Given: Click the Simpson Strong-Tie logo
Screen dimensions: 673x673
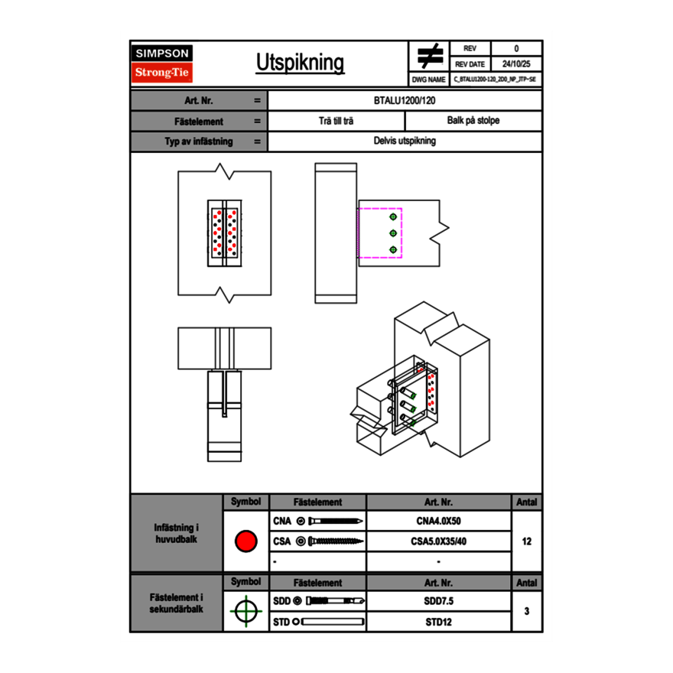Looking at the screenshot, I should pos(162,63).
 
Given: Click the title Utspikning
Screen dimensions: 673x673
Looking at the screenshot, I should pos(300,63).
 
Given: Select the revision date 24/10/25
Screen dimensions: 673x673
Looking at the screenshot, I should pos(516,64).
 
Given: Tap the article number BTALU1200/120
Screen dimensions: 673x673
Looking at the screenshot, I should pos(405,100).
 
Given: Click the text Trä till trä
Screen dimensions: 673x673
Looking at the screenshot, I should pos(336,121).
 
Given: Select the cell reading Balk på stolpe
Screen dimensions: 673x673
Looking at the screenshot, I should pos(473,121).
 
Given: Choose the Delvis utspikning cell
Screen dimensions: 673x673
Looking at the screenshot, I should pos(405,141).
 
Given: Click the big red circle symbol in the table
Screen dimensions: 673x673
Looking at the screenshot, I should pos(245,541).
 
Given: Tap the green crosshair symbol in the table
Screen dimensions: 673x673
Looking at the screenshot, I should pos(245,611).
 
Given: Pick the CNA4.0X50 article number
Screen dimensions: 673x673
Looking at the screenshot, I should pos(438,522).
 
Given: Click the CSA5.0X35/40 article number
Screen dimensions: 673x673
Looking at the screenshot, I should pos(438,541).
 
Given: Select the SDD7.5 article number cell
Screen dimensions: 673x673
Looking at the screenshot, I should pos(438,601).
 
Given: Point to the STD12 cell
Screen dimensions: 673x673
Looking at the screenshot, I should pos(438,622).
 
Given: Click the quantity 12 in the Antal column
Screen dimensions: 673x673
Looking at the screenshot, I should pos(527,541).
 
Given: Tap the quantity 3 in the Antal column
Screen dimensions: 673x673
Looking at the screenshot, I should pos(527,611).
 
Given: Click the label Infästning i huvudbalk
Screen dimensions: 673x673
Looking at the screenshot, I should pos(177,534).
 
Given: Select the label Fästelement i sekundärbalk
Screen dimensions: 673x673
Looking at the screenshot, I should pos(177,603).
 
